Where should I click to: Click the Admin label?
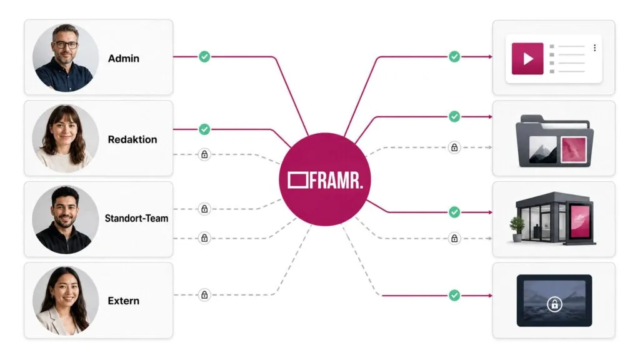point(123,58)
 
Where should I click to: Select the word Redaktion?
point(132,139)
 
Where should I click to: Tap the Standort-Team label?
point(136,218)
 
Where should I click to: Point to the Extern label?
point(123,301)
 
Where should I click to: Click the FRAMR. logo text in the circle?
point(336,181)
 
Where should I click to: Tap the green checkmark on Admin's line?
point(204,57)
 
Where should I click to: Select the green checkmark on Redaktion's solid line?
point(204,129)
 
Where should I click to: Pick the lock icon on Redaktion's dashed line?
point(204,154)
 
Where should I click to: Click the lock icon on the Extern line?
point(204,295)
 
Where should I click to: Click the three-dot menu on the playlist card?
point(595,47)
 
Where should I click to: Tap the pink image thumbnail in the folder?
point(574,150)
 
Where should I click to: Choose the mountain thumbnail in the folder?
point(542,150)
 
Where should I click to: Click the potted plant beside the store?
point(517,229)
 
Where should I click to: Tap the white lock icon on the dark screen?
point(554,304)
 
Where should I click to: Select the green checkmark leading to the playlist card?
point(454,57)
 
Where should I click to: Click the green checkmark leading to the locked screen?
point(454,295)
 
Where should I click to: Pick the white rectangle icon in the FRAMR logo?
point(297,181)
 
